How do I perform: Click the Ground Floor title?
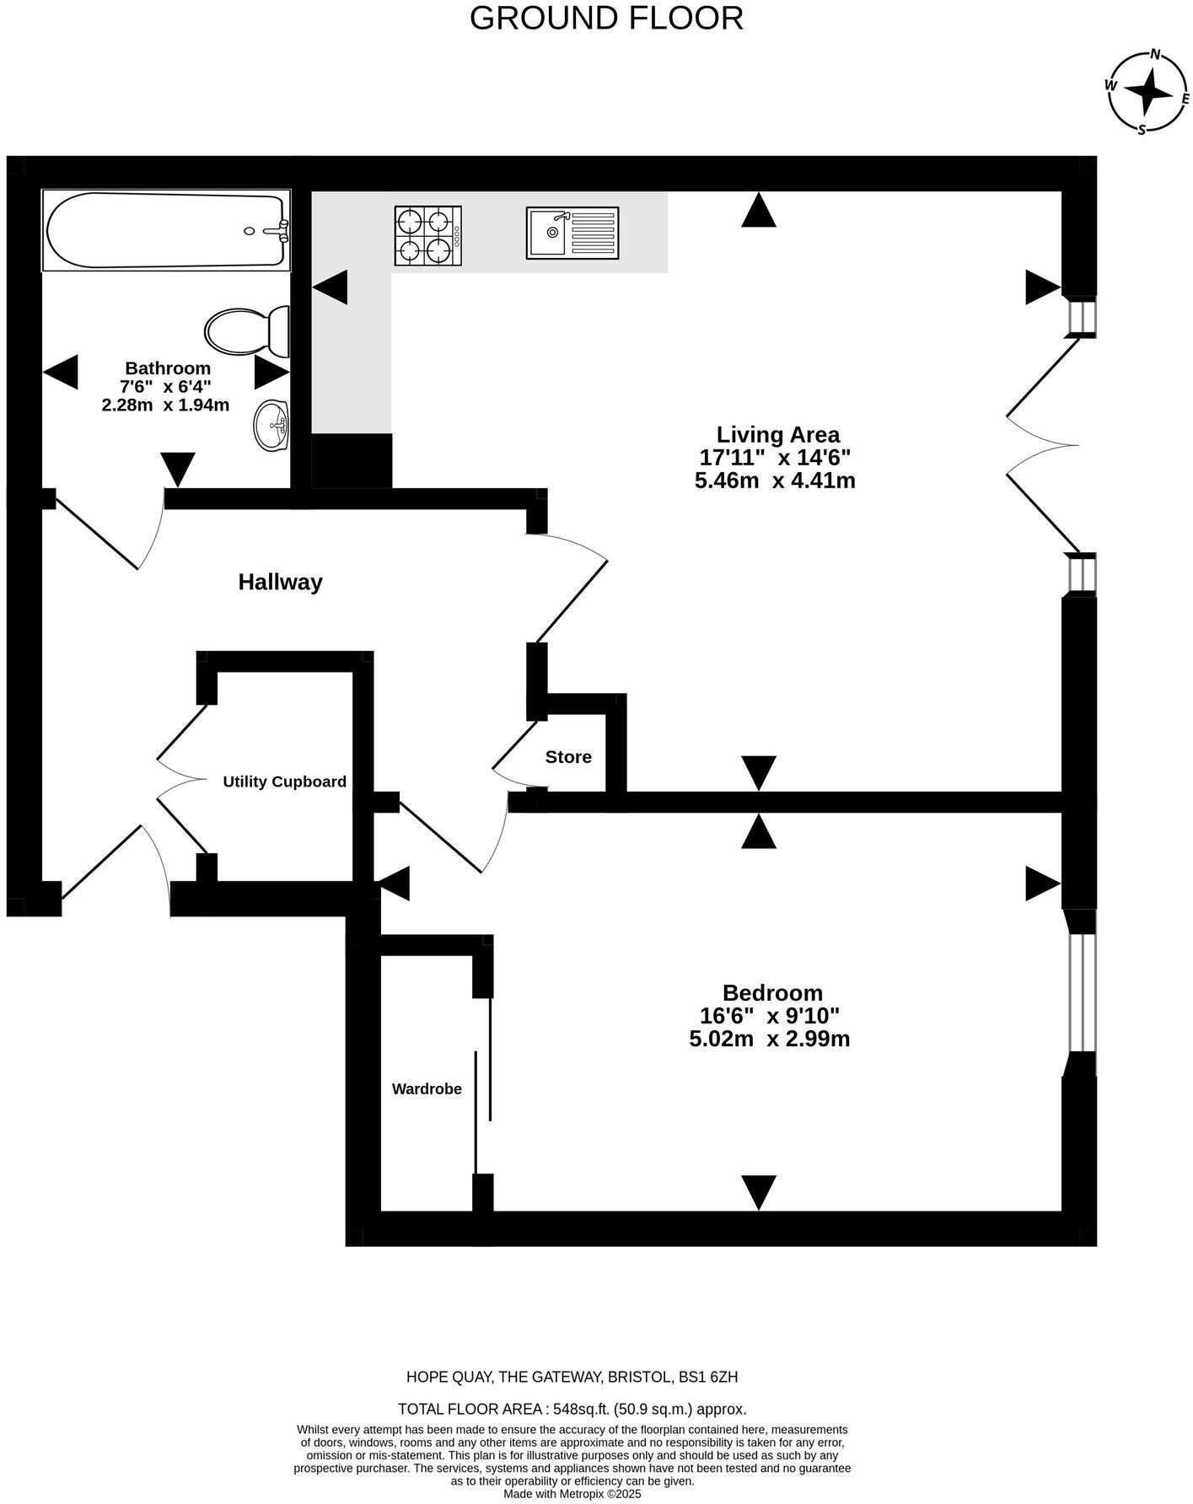606,18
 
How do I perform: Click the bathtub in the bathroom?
166,230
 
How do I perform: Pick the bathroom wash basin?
271,426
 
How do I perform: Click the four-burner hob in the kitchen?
427,235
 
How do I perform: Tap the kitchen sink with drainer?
572,233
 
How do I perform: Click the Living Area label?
777,435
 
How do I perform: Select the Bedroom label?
771,992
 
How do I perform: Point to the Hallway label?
280,583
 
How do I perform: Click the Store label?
568,757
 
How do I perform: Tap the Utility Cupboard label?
284,782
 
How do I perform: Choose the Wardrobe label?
427,1088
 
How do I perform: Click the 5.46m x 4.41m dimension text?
775,481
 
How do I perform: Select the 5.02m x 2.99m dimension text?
769,1039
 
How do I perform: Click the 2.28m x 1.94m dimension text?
165,405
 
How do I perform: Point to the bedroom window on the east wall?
1081,992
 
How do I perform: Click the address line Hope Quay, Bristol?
572,1377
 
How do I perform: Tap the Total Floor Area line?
572,1409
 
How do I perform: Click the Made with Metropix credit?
572,1493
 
